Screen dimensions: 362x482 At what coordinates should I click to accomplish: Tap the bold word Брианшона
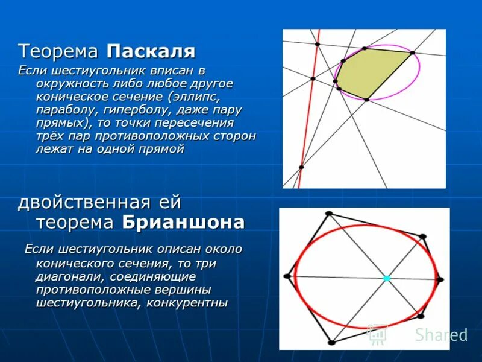(183, 222)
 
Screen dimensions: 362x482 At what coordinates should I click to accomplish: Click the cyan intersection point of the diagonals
(387, 278)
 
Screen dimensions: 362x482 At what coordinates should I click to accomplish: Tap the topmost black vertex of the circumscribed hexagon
(328, 214)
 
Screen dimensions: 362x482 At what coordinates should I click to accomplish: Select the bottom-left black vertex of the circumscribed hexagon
(331, 343)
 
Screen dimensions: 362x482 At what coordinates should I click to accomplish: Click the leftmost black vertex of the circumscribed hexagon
(287, 276)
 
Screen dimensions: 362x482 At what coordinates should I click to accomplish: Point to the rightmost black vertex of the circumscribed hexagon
(440, 279)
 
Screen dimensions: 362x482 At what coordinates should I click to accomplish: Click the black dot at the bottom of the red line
(301, 167)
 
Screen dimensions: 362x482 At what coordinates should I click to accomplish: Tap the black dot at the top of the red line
(317, 43)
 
